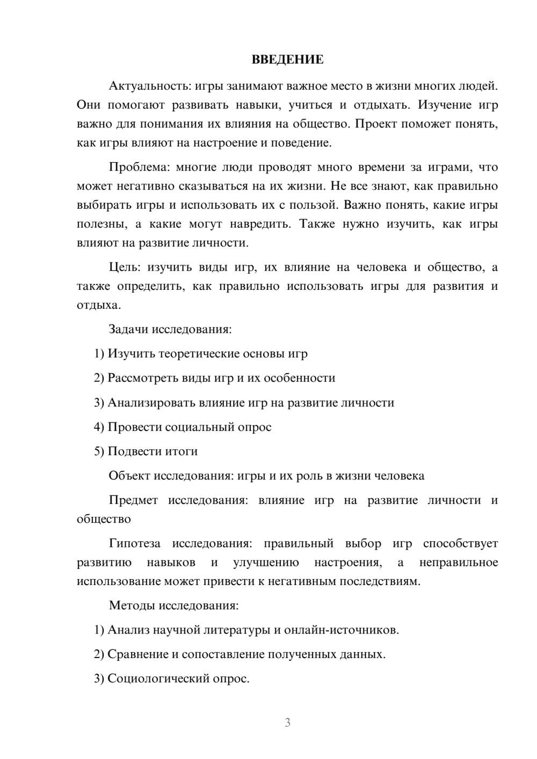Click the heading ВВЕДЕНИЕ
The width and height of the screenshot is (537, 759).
[287, 60]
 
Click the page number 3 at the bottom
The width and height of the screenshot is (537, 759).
[287, 722]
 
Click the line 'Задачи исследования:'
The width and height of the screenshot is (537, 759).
[170, 329]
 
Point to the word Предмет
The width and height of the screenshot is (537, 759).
[133, 500]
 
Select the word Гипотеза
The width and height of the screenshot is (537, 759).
[134, 544]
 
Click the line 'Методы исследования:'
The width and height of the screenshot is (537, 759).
[173, 605]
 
